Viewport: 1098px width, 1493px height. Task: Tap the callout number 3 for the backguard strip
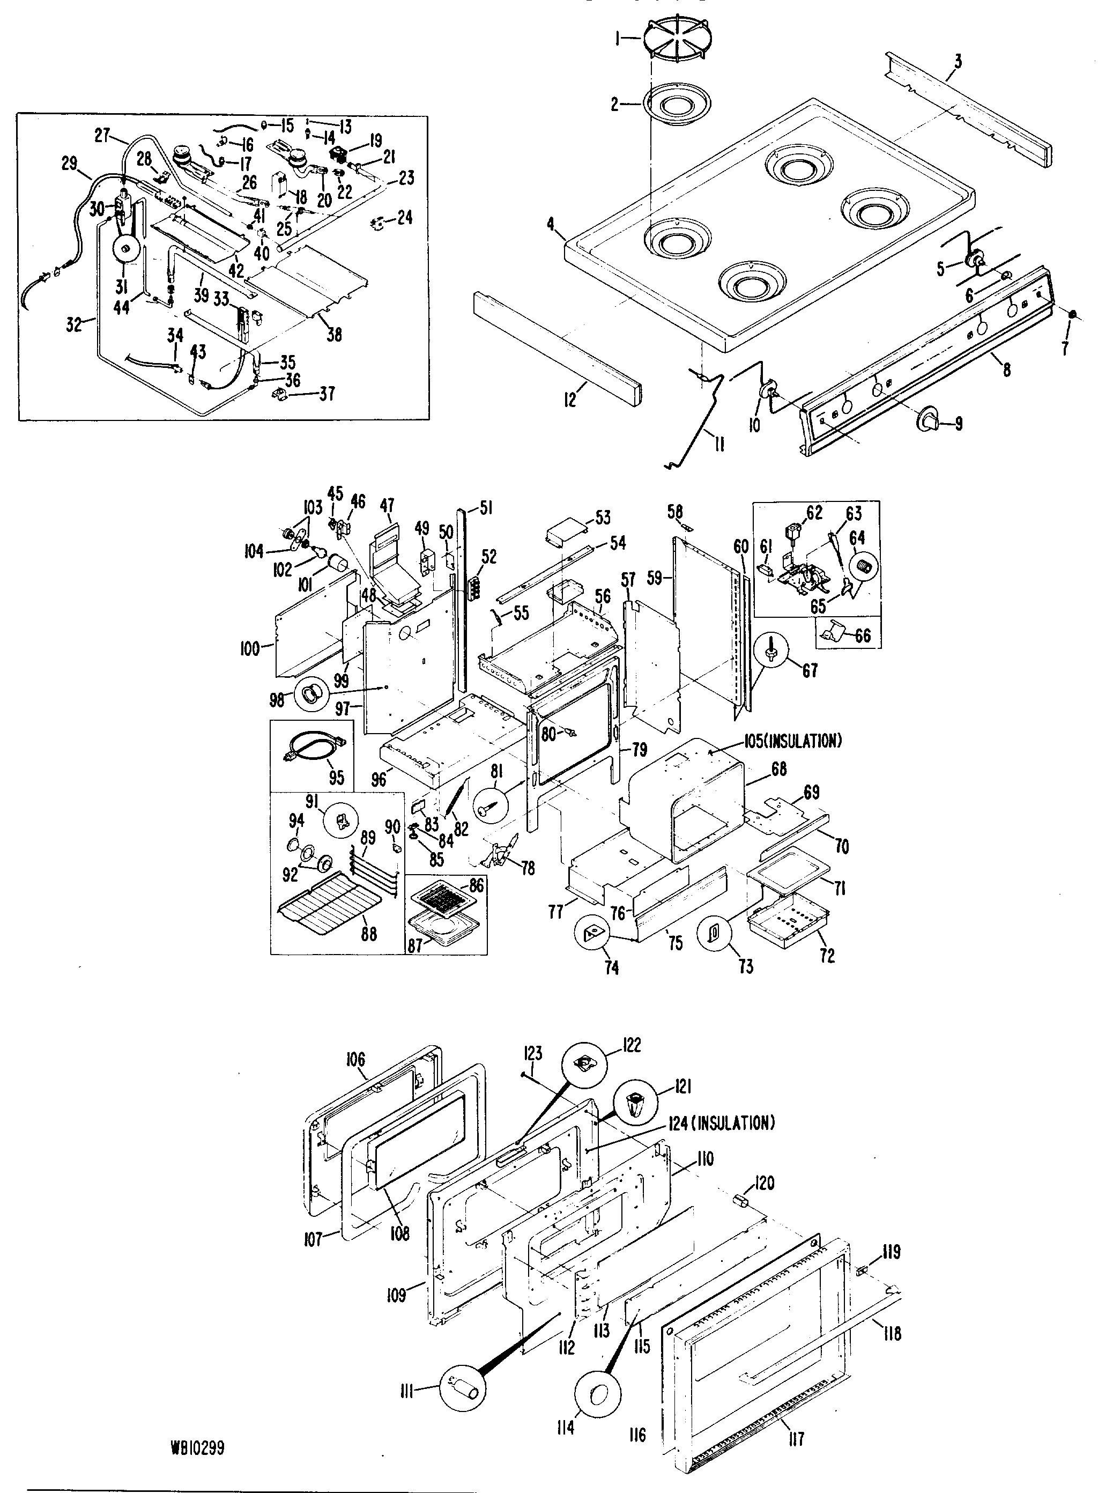click(957, 62)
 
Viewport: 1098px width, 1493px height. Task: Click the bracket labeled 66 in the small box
click(834, 632)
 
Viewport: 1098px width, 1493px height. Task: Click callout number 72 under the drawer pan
click(827, 955)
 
